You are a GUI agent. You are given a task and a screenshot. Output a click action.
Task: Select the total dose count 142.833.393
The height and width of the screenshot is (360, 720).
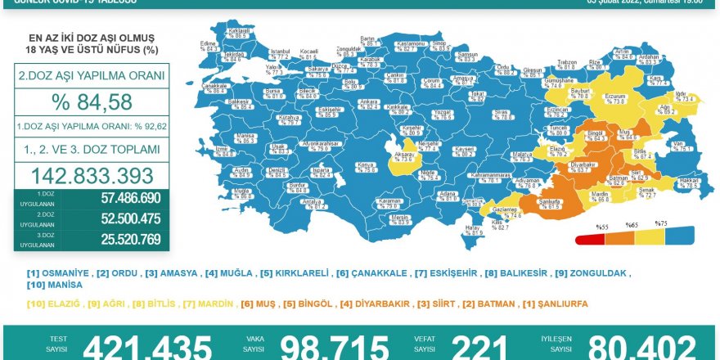coord(92,175)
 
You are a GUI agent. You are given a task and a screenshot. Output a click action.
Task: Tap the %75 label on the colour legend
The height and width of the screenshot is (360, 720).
coord(661,223)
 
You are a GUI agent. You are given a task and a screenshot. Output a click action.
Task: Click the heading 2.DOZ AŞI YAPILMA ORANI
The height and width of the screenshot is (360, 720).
coord(91,76)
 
